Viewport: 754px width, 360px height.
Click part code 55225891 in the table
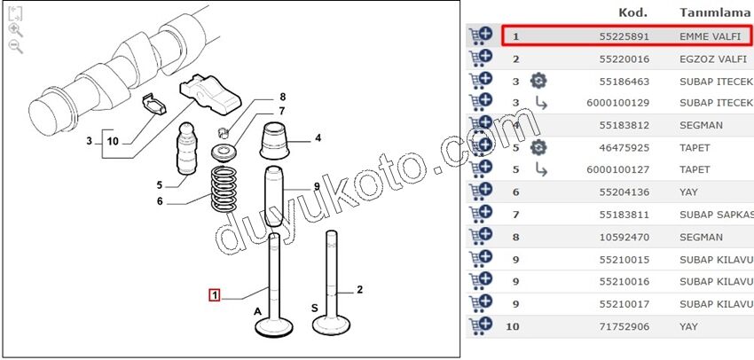[x=624, y=36]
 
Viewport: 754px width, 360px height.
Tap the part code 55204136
[x=624, y=192]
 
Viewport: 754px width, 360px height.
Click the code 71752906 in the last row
[x=624, y=327]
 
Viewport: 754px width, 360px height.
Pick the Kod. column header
[x=632, y=12]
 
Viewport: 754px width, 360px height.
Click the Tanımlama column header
[x=715, y=12]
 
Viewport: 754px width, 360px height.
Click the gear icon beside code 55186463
[x=538, y=82]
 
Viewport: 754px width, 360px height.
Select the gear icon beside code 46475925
[x=538, y=147]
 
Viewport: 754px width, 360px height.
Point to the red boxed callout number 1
[x=214, y=294]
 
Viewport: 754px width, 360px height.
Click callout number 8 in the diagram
[x=282, y=97]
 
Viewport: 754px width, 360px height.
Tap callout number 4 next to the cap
[x=318, y=138]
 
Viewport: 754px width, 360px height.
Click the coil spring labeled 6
[x=224, y=188]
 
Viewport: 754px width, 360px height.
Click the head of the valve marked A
[x=274, y=328]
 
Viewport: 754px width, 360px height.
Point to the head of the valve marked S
[x=331, y=325]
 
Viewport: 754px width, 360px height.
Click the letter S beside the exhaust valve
[x=315, y=308]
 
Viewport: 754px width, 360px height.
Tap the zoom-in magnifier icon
[x=16, y=30]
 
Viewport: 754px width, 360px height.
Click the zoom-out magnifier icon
[x=16, y=47]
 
